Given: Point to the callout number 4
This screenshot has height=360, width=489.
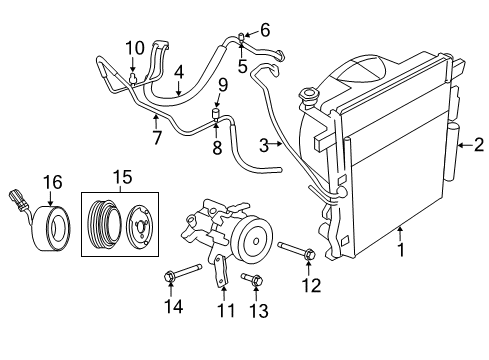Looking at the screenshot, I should (178, 72).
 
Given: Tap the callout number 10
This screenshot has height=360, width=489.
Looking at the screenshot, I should (135, 47).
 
